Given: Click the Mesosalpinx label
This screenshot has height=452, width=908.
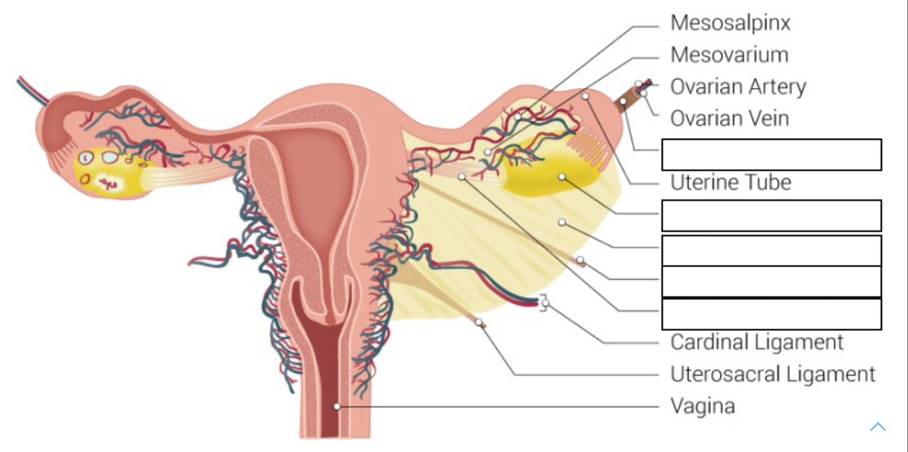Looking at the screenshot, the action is (x=730, y=23).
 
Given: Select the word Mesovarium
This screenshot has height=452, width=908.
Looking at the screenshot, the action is (x=729, y=55).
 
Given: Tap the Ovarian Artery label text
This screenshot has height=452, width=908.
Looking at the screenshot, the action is (x=738, y=87).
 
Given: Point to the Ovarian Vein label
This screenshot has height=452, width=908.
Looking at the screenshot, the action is (x=730, y=118).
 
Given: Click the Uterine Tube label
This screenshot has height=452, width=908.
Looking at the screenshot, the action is (x=730, y=182).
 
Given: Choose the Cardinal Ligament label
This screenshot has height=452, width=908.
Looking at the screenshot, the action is (x=756, y=341).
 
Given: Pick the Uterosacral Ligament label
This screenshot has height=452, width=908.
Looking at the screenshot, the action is (x=773, y=374).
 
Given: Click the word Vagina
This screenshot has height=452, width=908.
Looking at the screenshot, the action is (x=702, y=406).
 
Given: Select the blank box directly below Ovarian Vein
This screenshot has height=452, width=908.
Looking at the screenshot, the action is (x=771, y=154).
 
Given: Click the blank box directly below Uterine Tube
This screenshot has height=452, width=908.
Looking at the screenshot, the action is (x=771, y=215).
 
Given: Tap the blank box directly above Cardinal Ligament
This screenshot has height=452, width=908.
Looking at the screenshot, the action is (x=771, y=314).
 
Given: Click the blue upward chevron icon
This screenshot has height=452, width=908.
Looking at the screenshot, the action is (x=877, y=427).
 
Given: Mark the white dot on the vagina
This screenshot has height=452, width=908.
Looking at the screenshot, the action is (x=336, y=406).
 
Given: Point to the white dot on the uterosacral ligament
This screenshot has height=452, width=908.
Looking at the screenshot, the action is (x=479, y=322).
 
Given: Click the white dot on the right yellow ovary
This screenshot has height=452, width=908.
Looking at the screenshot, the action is (x=562, y=177).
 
